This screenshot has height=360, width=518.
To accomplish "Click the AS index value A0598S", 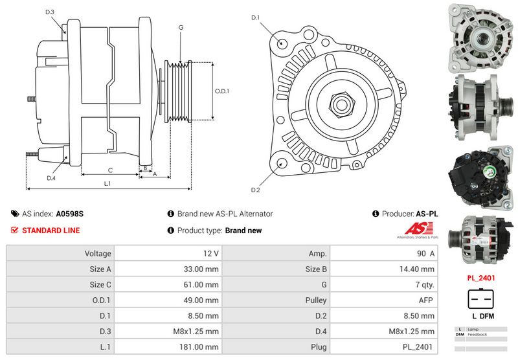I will pyautogui.click(x=70, y=213).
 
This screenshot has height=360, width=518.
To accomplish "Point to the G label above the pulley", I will pyautogui.click(x=181, y=27).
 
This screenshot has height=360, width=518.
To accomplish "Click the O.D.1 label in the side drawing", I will pyautogui.click(x=222, y=91).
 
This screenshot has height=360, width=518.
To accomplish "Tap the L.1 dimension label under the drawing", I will pyautogui.click(x=107, y=184).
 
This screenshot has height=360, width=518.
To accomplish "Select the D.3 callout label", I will pyautogui.click(x=50, y=12).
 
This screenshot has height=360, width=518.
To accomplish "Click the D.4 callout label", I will pyautogui.click(x=51, y=178).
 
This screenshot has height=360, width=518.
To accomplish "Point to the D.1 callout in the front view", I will pyautogui.click(x=255, y=17).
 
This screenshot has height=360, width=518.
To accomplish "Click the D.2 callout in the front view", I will pyautogui.click(x=255, y=190).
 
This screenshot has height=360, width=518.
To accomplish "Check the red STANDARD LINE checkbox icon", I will pyautogui.click(x=15, y=230).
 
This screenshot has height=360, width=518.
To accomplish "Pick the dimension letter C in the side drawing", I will pyautogui.click(x=111, y=170).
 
